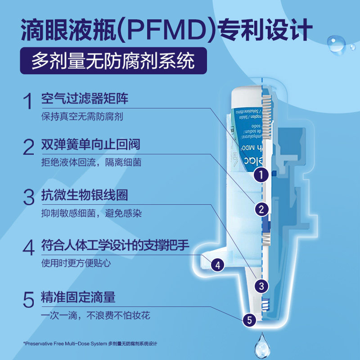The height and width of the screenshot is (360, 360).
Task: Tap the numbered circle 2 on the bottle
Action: (x=261, y=208)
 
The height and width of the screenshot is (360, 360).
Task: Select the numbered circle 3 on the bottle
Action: (x=261, y=284)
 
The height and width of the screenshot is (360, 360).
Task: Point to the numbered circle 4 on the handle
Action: (x=218, y=265)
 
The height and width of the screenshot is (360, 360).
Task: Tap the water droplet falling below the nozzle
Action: (x=261, y=346)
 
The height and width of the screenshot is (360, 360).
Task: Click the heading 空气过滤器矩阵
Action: (x=85, y=99)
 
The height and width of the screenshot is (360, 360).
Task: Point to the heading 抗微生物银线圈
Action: (x=85, y=195)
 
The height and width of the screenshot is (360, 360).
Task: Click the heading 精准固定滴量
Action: (x=78, y=297)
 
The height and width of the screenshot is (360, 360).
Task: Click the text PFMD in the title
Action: (x=169, y=30)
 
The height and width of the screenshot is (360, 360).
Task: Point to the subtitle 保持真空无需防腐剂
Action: (x=82, y=116)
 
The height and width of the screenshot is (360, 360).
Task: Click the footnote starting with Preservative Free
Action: (x=90, y=344)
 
